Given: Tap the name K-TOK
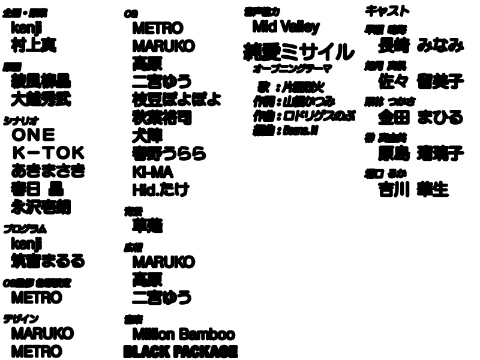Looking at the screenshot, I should tap(49, 152).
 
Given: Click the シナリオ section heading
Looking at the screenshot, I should tap(17, 119).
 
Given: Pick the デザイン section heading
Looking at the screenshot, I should tap(21, 319).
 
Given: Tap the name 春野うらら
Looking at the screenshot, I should tap(169, 154).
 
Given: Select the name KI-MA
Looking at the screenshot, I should tap(152, 172).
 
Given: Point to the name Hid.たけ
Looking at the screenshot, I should tap(161, 190).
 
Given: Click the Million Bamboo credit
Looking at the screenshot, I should tap(183, 334).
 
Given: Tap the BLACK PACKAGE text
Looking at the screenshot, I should tap(180, 352).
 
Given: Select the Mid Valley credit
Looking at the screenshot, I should tap(286, 27).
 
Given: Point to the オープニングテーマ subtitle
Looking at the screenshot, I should tap(292, 69).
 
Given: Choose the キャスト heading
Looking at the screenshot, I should tap(388, 11).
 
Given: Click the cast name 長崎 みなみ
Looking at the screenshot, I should tap(421, 45).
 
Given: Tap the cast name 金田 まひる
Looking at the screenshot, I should tap(421, 116).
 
